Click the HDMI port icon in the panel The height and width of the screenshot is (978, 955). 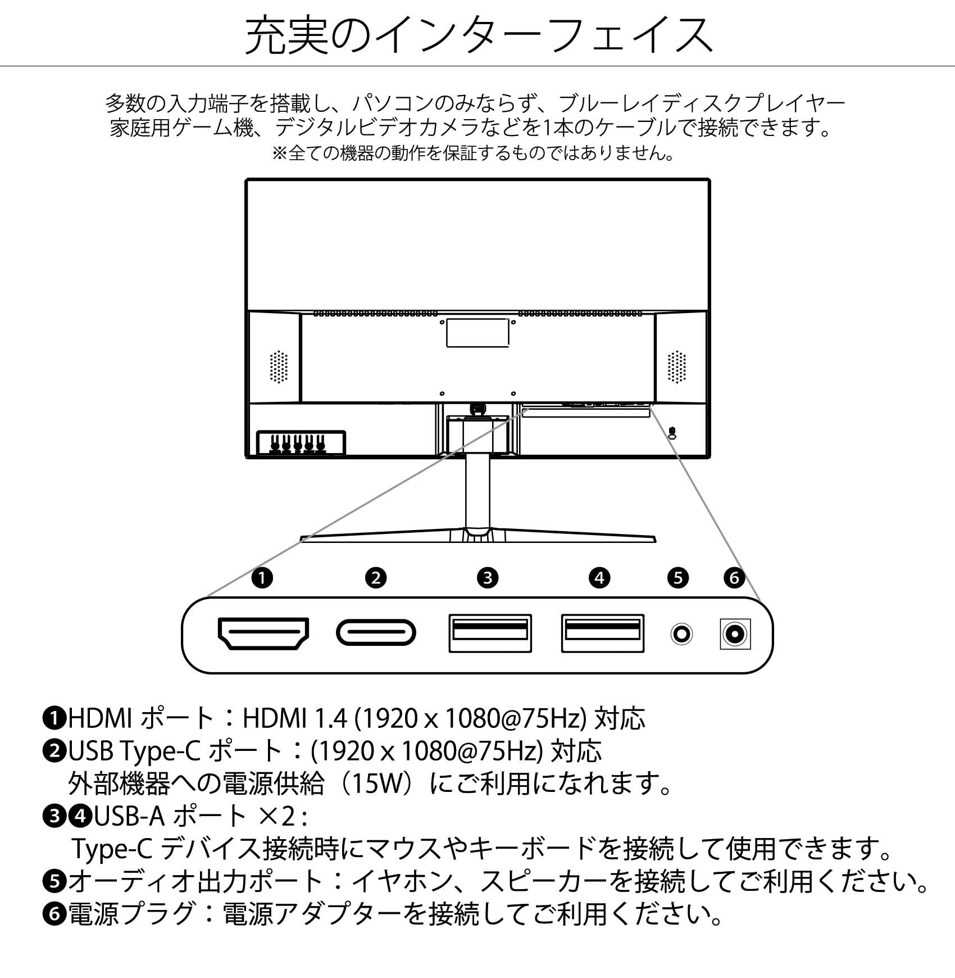tap(263, 633)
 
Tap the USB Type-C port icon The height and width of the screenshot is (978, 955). tap(376, 633)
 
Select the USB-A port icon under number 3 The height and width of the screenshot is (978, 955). tap(490, 633)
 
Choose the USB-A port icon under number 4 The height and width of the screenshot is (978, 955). tap(602, 633)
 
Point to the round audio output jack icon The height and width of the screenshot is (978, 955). tap(681, 635)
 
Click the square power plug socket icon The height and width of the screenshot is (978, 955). tap(735, 635)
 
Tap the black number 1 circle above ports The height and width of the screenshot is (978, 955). tap(262, 578)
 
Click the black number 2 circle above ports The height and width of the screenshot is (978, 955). tap(376, 578)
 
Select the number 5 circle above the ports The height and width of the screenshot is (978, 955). tap(678, 578)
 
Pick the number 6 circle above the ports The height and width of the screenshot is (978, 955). tap(734, 578)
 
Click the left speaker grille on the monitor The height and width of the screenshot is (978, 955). tap(279, 368)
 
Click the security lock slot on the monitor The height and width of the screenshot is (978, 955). tap(673, 433)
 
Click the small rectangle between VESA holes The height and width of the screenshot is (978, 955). tap(477, 333)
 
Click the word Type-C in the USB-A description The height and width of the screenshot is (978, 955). tap(112, 849)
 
